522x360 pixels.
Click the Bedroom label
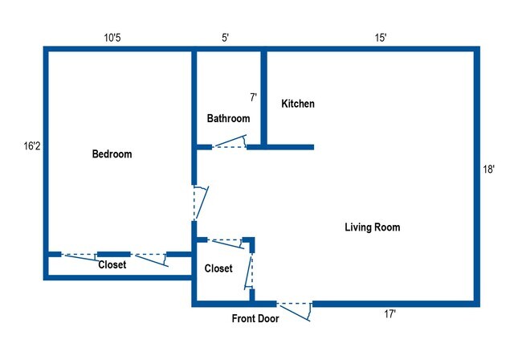[x=112, y=154]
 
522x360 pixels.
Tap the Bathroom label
[x=228, y=118]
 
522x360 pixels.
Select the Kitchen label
[x=297, y=104]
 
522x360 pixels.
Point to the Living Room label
[x=372, y=227]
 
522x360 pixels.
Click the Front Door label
[x=255, y=319]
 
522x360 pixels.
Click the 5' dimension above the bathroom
[x=226, y=38]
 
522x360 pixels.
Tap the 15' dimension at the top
[x=381, y=38]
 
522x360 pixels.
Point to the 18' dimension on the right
[x=489, y=170]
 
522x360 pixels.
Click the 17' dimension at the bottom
[x=390, y=314]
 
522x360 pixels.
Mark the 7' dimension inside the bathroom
[x=253, y=97]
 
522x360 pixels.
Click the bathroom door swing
[x=229, y=143]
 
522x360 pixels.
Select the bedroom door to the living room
[x=199, y=203]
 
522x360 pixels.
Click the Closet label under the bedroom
[x=112, y=264]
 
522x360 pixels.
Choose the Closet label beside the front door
[x=218, y=268]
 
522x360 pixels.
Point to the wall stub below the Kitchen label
[x=288, y=147]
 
